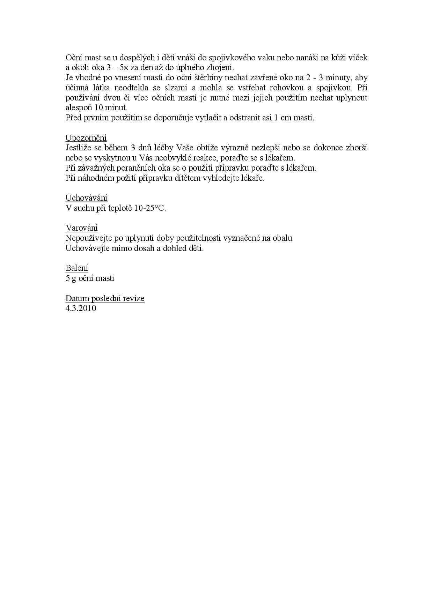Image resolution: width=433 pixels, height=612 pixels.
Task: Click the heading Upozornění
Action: tap(86, 138)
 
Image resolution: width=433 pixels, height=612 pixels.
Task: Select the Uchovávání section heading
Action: tap(86, 198)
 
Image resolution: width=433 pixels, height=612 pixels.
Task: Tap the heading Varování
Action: tap(82, 228)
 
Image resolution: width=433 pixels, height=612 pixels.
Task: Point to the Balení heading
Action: tap(77, 268)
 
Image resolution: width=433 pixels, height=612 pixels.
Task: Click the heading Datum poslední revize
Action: tap(105, 299)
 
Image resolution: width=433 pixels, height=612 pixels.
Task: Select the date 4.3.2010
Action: tap(81, 308)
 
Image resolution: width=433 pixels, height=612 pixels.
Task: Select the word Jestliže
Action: tap(78, 148)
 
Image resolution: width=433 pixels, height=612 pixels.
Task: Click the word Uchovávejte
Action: tap(86, 248)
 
